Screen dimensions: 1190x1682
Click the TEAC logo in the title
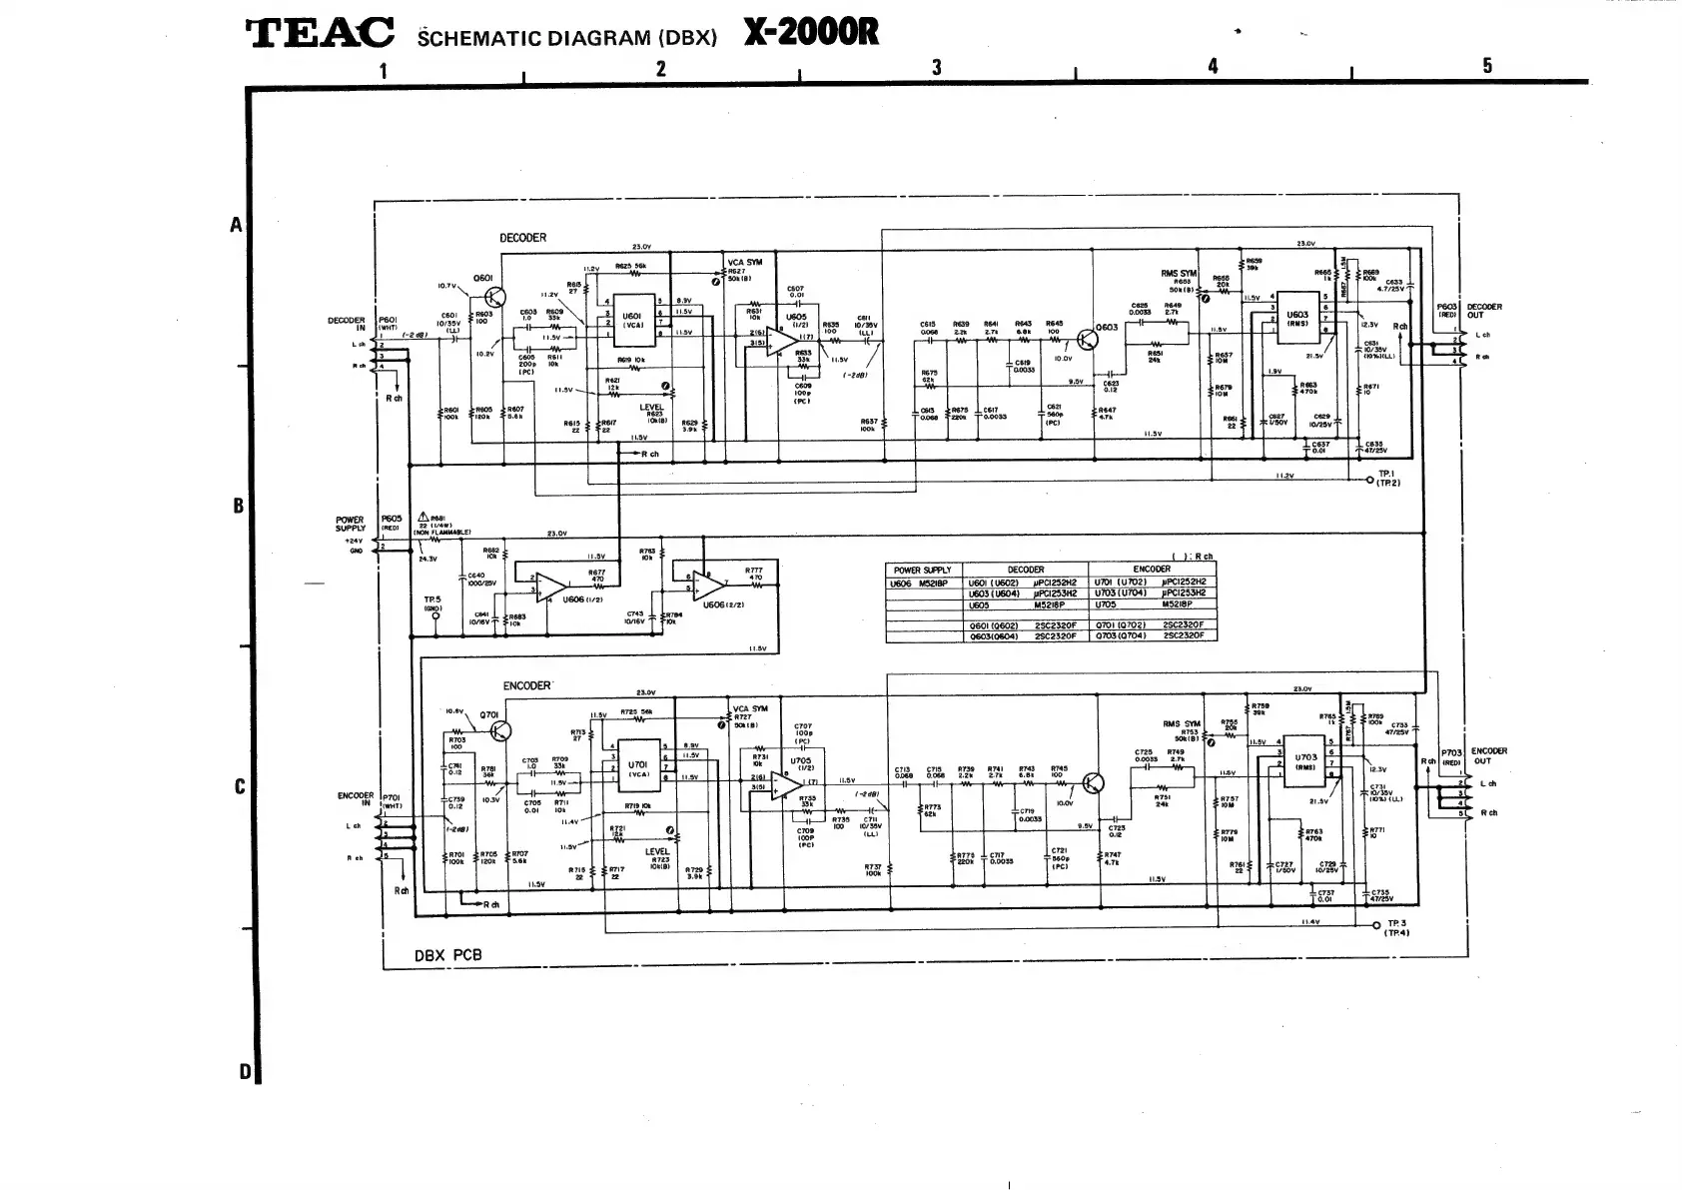pyautogui.click(x=320, y=34)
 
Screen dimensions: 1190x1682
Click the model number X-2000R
pyautogui.click(x=811, y=33)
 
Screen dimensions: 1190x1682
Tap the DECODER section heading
pyautogui.click(x=522, y=238)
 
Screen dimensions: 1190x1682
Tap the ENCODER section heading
pyautogui.click(x=525, y=685)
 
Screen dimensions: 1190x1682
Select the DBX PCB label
pyautogui.click(x=447, y=955)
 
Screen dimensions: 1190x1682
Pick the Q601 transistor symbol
pyautogui.click(x=493, y=297)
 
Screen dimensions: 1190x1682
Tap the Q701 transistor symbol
pyautogui.click(x=498, y=731)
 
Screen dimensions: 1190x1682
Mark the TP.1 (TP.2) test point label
pyautogui.click(x=1388, y=479)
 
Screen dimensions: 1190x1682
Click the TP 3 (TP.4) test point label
pyautogui.click(x=1395, y=927)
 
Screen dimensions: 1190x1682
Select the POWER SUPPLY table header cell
pyautogui.click(x=923, y=570)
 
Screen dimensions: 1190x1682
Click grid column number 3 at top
pyautogui.click(x=936, y=67)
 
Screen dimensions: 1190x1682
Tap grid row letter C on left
pyautogui.click(x=239, y=787)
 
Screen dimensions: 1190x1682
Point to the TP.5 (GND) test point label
pyautogui.click(x=432, y=602)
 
